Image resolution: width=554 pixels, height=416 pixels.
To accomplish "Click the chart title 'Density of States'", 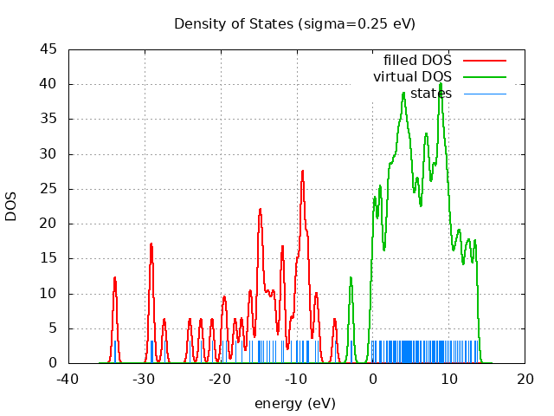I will [294, 23].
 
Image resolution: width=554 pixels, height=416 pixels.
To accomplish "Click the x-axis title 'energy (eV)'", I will [294, 403].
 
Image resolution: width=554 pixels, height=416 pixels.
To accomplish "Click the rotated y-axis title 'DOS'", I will [11, 206].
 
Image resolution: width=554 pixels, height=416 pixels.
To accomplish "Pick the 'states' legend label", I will [430, 93].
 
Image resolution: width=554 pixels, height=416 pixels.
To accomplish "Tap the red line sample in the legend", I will [484, 61].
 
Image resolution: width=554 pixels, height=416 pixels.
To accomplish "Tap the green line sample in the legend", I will [484, 77].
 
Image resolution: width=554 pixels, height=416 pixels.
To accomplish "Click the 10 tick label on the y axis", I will [49, 294].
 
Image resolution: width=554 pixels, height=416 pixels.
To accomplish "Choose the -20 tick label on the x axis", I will [220, 379].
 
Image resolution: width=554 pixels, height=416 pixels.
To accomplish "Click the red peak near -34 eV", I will [114, 277].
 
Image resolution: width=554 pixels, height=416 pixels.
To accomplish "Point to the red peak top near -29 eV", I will [151, 244].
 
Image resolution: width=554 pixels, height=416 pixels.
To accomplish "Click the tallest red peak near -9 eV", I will [303, 171].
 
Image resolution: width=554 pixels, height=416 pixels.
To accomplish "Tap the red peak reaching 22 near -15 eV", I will [260, 209].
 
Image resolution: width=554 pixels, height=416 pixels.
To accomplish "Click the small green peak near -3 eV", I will [351, 277].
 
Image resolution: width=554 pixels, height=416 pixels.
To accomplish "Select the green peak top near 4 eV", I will [403, 93].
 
